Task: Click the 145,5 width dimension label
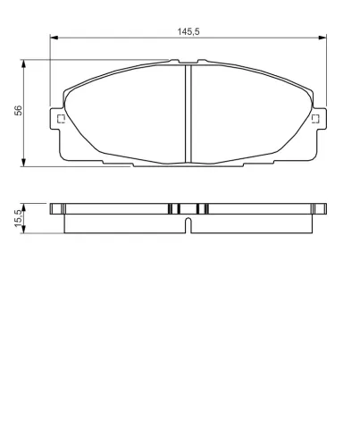[x=188, y=31]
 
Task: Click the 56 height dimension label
[x=19, y=110]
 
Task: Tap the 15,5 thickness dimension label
[x=18, y=218]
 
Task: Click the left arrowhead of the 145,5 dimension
[x=54, y=38]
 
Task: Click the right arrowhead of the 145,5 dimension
[x=322, y=38]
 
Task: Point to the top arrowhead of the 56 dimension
[x=23, y=63]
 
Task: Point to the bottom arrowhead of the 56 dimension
[x=23, y=163]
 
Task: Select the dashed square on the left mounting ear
[x=61, y=119]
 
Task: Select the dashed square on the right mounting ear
[x=315, y=119]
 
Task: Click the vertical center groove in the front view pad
[x=188, y=114]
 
